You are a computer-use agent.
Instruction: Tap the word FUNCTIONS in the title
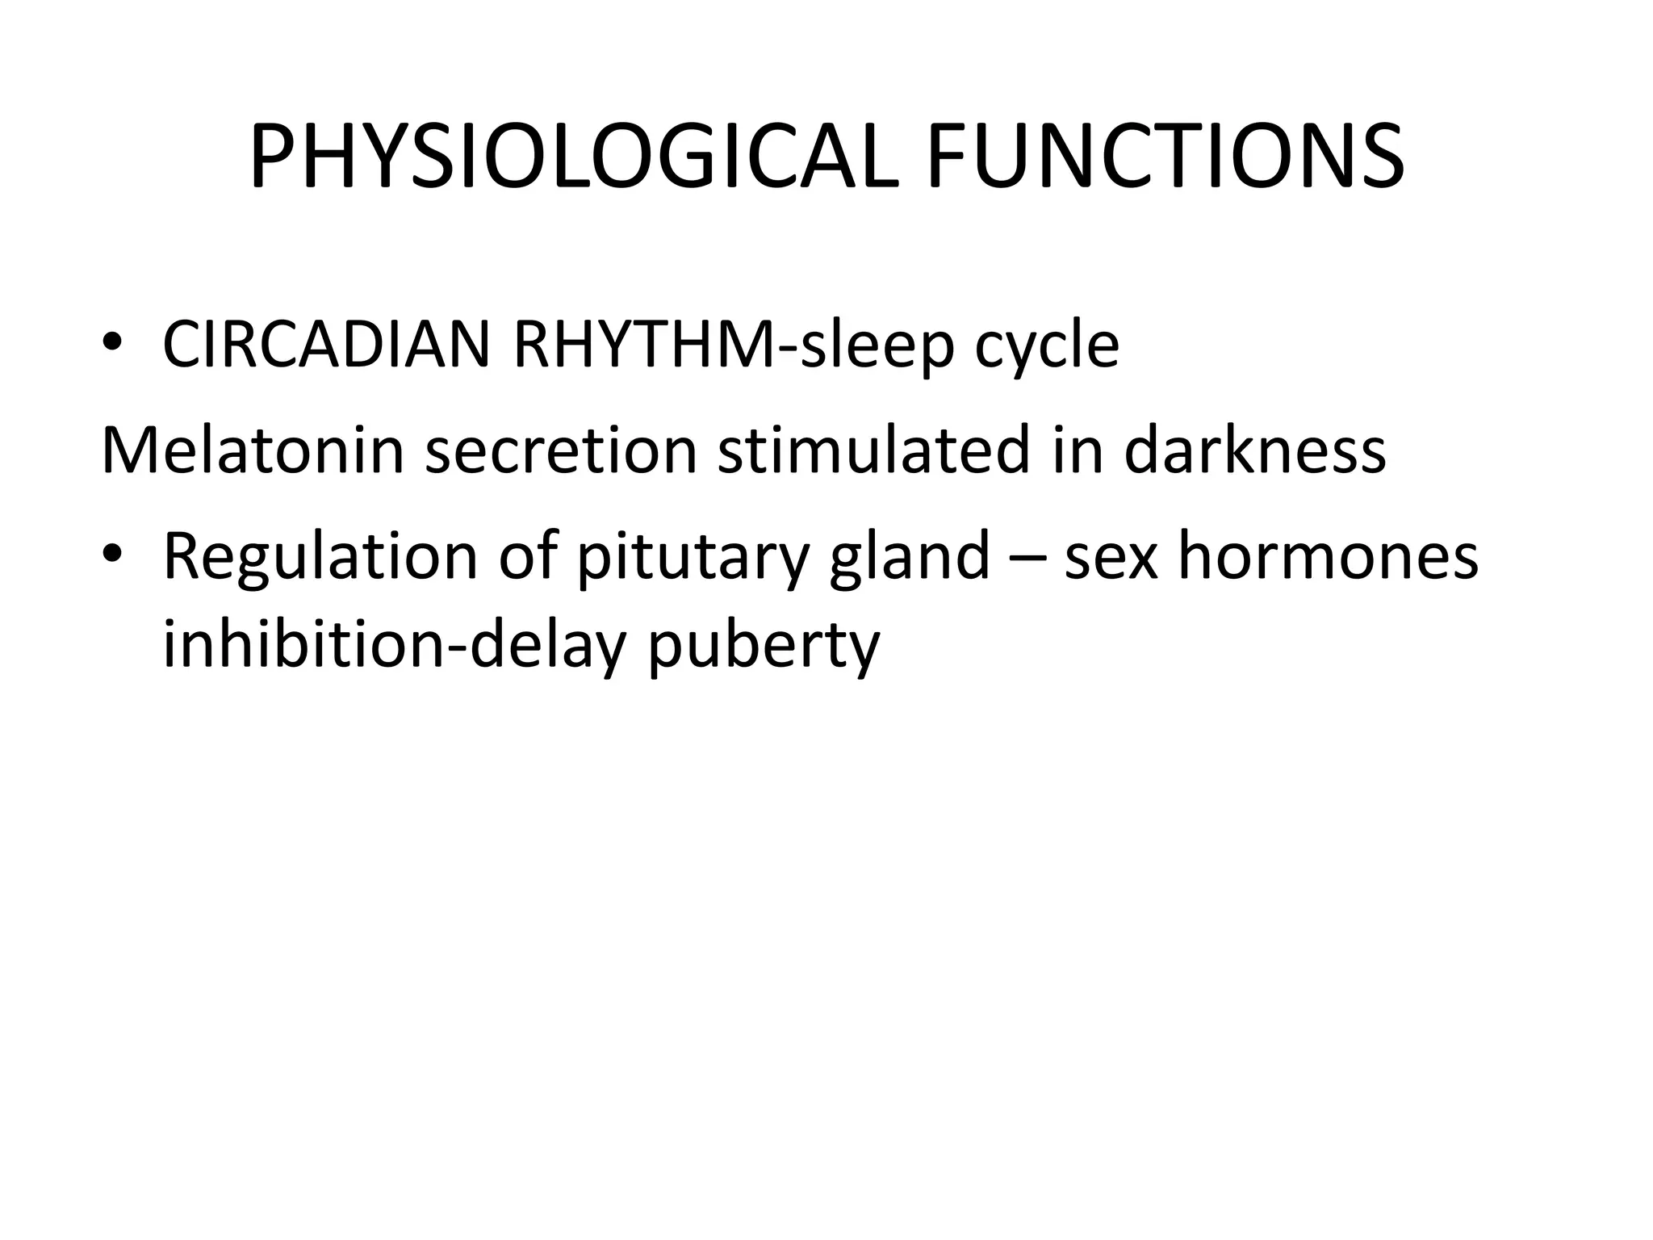coord(1165,157)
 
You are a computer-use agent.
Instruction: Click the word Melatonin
coord(252,450)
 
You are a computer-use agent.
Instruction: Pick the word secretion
coord(561,450)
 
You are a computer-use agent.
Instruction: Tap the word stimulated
coord(874,450)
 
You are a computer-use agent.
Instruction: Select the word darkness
coord(1254,450)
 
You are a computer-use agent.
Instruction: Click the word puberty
coord(763,646)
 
